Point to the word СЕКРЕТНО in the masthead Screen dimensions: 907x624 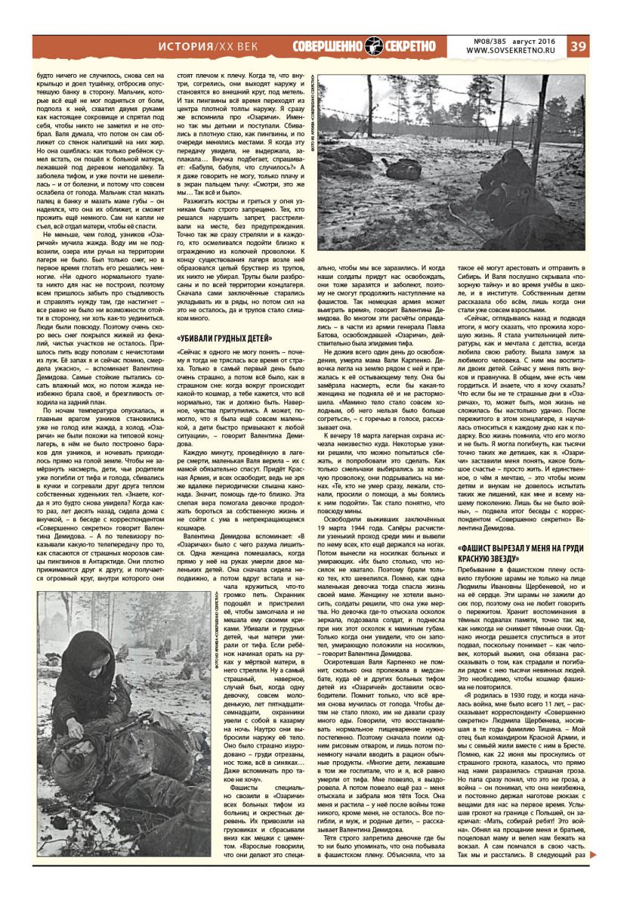point(409,46)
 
